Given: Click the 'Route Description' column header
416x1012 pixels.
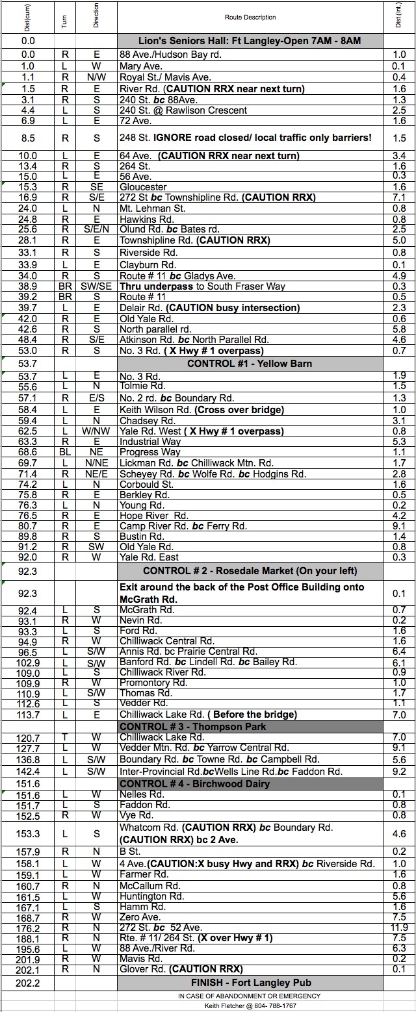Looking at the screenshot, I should pyautogui.click(x=250, y=18).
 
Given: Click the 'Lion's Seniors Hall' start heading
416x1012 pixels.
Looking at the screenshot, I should pyautogui.click(x=250, y=41).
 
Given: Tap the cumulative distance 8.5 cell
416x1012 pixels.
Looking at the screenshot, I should pyautogui.click(x=27, y=138).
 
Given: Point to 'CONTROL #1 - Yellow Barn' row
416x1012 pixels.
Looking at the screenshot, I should pyautogui.click(x=250, y=364).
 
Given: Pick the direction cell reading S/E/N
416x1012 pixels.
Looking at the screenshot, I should pyautogui.click(x=96, y=229).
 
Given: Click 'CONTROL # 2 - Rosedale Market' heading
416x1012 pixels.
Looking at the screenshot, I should pyautogui.click(x=250, y=571).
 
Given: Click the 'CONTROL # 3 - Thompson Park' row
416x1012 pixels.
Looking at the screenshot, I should pyautogui.click(x=250, y=726).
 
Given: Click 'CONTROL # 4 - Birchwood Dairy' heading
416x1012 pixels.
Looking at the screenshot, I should pyautogui.click(x=250, y=783).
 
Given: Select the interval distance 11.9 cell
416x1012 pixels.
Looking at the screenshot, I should pyautogui.click(x=400, y=927).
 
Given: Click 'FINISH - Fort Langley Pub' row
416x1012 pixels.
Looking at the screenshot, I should pyautogui.click(x=250, y=982).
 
